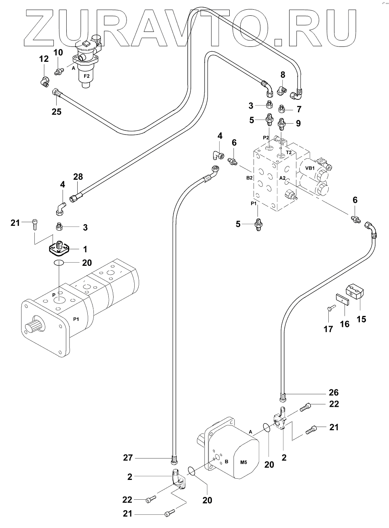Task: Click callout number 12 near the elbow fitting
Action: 44,59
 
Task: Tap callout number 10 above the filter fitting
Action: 58,52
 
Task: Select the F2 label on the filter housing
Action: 87,76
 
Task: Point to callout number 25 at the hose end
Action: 56,112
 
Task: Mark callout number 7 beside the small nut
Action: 299,109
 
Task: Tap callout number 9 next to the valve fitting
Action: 298,124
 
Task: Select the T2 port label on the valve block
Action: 289,152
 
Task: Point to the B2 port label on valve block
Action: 249,177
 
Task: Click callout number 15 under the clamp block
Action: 361,319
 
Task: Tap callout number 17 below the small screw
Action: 328,329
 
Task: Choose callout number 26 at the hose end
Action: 334,392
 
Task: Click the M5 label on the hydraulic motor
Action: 243,462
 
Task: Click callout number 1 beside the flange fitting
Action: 85,249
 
